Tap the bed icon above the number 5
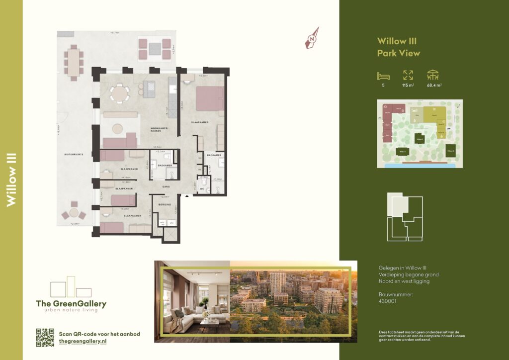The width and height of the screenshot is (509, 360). coord(383,76)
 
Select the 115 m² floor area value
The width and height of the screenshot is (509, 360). coord(408,86)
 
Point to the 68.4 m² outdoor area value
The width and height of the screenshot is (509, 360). coord(434,86)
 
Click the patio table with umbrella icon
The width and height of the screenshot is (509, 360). coord(433,75)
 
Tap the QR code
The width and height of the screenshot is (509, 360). coord(45,338)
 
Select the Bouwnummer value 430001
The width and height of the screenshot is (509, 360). coord(387,300)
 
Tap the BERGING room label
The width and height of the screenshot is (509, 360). coord(166,205)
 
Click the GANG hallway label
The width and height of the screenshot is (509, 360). coord(166,186)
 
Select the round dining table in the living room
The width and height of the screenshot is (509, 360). coord(119,93)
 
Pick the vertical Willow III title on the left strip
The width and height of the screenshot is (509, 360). coord(12,180)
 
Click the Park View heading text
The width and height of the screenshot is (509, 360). coord(398,53)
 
